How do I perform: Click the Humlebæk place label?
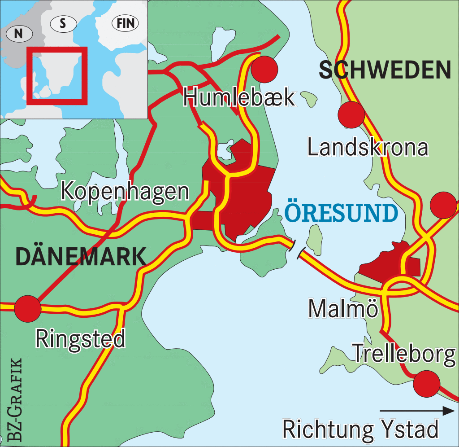point(239,97)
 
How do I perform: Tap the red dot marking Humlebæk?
point(264,69)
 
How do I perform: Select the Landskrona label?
point(368,147)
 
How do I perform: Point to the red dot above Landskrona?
point(351,114)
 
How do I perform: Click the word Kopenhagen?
point(125,191)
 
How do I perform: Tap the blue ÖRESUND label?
point(341,214)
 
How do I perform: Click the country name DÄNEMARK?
point(81,257)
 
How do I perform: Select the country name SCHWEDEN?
point(385,70)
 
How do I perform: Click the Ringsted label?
point(81,339)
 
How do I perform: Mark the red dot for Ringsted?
point(28,308)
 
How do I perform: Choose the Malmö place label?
point(343,309)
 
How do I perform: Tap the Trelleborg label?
point(403,354)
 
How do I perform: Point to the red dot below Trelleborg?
point(426,384)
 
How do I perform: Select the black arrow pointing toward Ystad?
point(417,410)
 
